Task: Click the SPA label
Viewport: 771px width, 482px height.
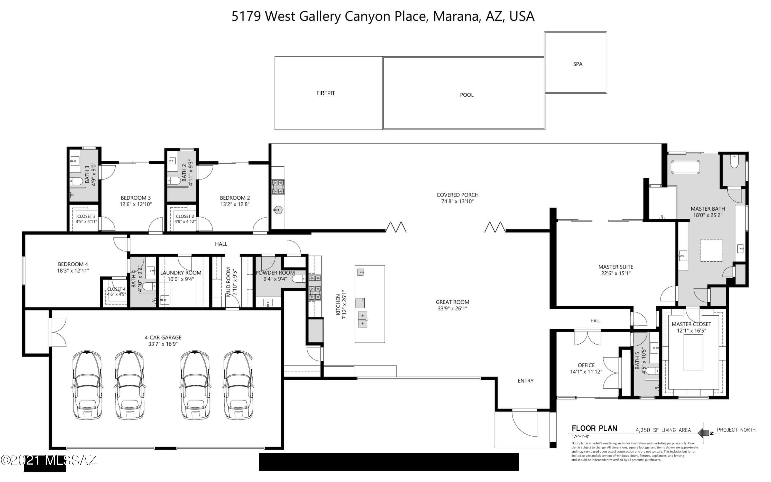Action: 577,64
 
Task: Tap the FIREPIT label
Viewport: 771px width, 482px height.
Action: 325,93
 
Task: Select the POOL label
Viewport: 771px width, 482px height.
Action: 466,95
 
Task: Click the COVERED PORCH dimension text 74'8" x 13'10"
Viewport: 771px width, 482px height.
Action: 457,201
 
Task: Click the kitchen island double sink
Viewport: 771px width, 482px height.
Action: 362,319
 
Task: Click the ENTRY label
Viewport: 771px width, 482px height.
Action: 525,381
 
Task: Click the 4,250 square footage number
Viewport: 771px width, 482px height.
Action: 643,430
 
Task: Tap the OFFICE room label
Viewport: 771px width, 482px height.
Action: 586,365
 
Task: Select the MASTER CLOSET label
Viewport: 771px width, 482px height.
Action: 691,324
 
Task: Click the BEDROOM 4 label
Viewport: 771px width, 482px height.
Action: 73,264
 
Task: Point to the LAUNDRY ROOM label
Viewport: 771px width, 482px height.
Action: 181,273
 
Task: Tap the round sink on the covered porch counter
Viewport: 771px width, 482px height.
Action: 278,210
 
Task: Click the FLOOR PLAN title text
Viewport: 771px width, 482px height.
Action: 594,429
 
